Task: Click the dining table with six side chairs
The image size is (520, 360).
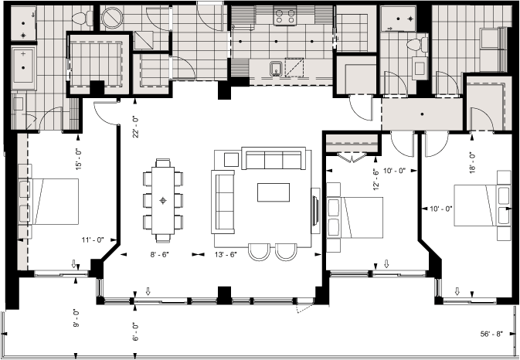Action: coord(163,200)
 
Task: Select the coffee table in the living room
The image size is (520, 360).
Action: coord(274,192)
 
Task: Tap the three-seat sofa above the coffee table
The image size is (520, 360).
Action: coord(272,160)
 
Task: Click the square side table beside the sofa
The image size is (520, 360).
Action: coord(231,159)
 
